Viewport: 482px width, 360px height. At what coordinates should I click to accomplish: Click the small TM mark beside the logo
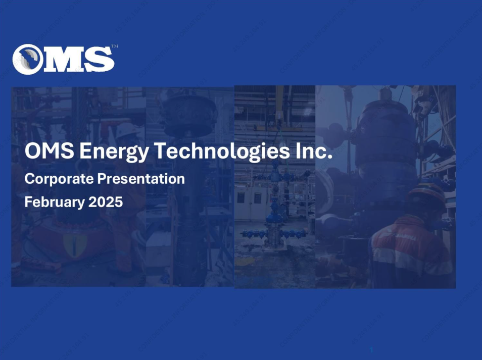115,46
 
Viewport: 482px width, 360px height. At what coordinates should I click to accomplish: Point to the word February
55,202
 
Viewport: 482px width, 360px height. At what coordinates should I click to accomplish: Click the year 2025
106,202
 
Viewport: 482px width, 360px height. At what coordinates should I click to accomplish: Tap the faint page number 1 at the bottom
371,350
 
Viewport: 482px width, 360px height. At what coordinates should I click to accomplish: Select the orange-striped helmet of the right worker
426,194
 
